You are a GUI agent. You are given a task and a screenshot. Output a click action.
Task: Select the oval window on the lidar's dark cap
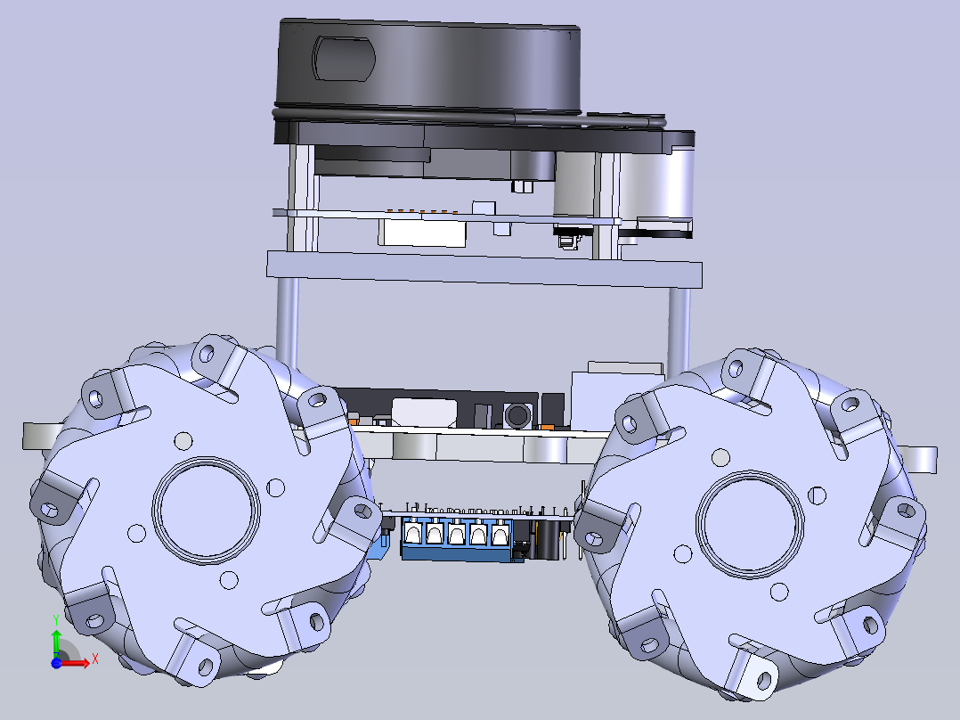(x=343, y=58)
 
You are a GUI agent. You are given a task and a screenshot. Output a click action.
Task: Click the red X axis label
(x=95, y=659)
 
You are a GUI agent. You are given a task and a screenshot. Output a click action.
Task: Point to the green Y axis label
(x=56, y=620)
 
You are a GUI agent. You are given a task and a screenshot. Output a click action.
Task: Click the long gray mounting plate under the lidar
(x=484, y=269)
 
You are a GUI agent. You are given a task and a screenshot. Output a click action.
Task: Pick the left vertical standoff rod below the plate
(x=287, y=322)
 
